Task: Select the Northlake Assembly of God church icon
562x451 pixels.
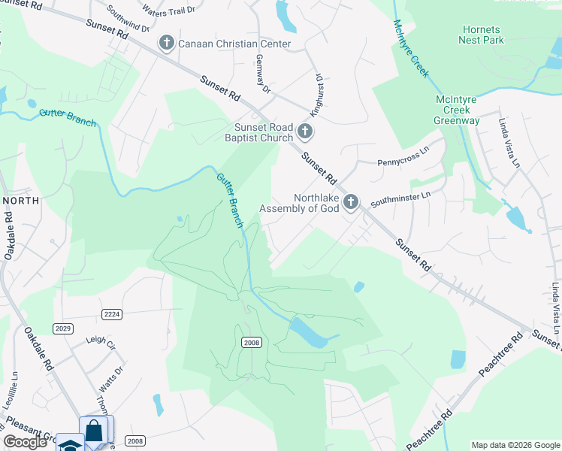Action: click(x=350, y=201)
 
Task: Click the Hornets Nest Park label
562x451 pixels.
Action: click(x=482, y=35)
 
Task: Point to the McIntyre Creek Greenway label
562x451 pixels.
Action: click(x=457, y=110)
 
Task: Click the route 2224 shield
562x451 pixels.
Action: click(x=112, y=314)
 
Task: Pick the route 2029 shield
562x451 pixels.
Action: click(x=63, y=328)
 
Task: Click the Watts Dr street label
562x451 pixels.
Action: click(x=110, y=383)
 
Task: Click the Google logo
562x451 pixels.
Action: click(x=26, y=442)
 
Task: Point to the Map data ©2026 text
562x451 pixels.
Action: click(x=514, y=445)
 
